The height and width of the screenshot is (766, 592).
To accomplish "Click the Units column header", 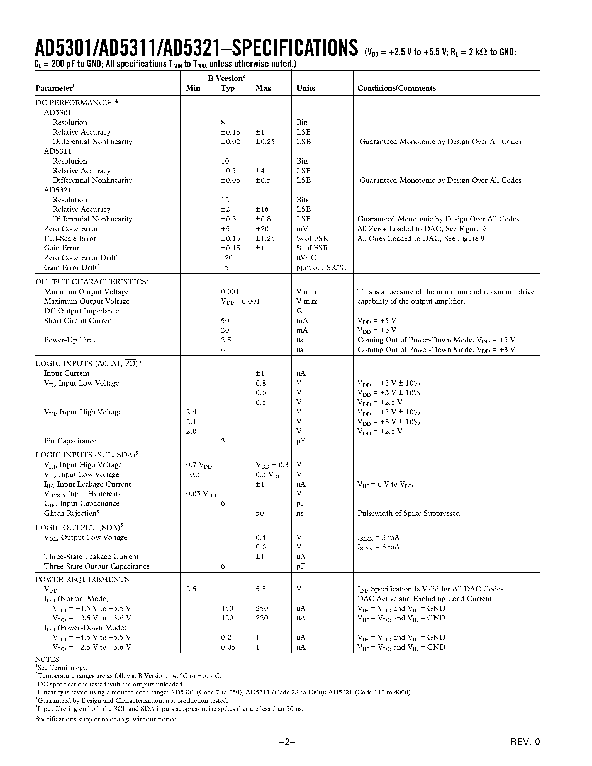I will (x=305, y=88).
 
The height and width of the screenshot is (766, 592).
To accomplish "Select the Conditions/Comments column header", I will (x=396, y=88).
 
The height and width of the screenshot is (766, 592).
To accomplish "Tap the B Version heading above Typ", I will (x=226, y=78).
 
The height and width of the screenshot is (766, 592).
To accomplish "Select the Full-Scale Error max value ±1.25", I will (x=265, y=238).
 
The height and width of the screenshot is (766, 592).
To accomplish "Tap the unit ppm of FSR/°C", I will (x=321, y=268).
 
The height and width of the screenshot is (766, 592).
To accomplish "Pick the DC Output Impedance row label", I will (x=81, y=311).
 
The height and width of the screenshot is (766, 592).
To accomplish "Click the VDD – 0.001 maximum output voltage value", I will (x=240, y=302).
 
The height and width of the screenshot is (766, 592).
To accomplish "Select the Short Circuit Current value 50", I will (x=225, y=321).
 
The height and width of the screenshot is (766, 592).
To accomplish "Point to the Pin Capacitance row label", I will (x=70, y=441).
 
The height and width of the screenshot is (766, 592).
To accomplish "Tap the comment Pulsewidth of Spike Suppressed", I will (x=408, y=513).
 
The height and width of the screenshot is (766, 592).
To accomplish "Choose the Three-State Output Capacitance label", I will (x=96, y=567).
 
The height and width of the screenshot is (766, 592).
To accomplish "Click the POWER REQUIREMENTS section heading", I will (x=82, y=579).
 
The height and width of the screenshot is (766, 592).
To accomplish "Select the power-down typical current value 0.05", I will (x=228, y=647).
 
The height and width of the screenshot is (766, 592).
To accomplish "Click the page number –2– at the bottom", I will (x=287, y=742).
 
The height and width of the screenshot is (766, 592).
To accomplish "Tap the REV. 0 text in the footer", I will (x=525, y=742).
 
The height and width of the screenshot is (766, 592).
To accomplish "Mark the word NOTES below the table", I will (x=47, y=659).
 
